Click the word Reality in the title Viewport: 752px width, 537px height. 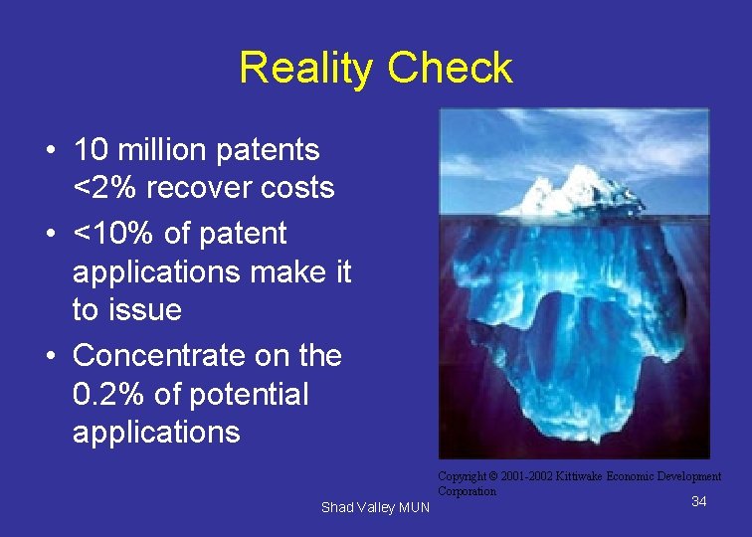coord(306,68)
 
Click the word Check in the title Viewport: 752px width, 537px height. coord(450,68)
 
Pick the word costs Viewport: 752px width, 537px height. coord(299,187)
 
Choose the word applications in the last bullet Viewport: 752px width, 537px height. coord(156,433)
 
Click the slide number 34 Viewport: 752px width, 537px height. coord(698,501)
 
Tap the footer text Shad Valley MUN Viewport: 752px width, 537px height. coord(375,508)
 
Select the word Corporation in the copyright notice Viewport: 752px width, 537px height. coord(467,491)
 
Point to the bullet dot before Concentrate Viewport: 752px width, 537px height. coord(49,356)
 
